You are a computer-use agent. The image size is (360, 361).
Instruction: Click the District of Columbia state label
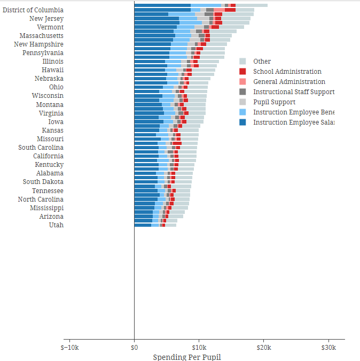pos(33,10)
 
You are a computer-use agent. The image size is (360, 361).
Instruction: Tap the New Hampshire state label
pos(38,44)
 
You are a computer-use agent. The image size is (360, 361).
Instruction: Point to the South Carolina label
pos(41,148)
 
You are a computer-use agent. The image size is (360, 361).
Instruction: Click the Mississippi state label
pos(46,208)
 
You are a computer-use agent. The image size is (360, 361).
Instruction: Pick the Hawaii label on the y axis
pos(52,70)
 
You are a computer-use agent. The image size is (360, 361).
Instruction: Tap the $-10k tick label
pos(69,347)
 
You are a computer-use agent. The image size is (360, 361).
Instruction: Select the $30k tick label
pos(328,347)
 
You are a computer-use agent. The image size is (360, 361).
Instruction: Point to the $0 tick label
pos(134,347)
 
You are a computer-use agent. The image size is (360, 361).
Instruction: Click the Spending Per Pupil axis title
pos(187,357)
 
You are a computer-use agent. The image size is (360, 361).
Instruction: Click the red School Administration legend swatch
pos(242,72)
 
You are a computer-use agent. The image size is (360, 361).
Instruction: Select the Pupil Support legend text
pos(274,102)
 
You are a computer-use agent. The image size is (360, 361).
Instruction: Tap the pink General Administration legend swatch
pos(242,82)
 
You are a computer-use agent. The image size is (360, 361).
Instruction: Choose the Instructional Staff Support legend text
pos(293,92)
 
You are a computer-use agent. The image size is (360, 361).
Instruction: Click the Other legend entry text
pos(262,62)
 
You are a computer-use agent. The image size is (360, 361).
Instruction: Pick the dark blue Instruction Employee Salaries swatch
pos(242,122)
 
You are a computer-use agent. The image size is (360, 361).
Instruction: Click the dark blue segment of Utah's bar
pos(143,225)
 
